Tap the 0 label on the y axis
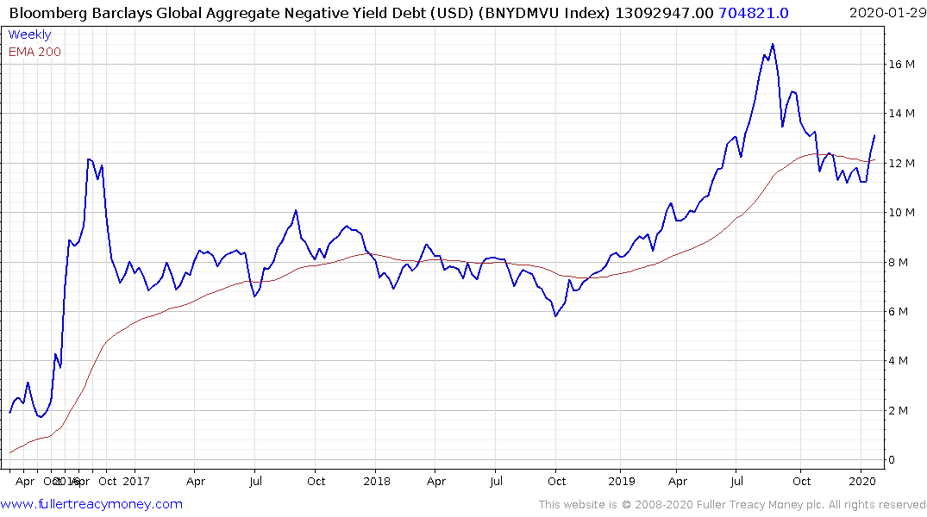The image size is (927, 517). click(x=893, y=460)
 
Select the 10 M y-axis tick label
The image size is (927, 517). click(x=902, y=213)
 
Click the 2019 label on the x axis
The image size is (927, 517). click(x=620, y=481)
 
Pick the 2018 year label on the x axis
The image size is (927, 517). click(x=377, y=481)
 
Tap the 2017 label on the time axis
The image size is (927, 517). click(x=135, y=481)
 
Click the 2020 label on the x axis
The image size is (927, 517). click(x=862, y=481)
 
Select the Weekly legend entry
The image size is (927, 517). click(x=29, y=35)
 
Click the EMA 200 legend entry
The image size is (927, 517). click(x=34, y=52)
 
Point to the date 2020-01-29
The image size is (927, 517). click(x=885, y=12)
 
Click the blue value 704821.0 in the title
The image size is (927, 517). click(x=753, y=12)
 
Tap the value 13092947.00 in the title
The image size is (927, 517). click(x=664, y=12)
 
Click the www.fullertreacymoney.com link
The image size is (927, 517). click(x=91, y=504)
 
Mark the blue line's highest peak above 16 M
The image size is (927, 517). click(x=773, y=44)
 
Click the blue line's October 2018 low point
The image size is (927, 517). click(x=555, y=316)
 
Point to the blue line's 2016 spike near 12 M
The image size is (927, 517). click(x=89, y=159)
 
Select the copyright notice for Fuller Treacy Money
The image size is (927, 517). click(x=732, y=505)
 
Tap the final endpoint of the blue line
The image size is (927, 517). click(x=874, y=135)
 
